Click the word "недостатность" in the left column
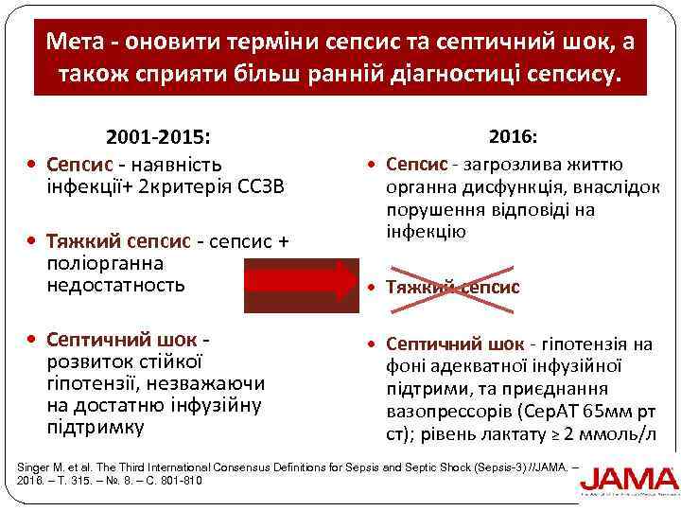coord(116,285)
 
